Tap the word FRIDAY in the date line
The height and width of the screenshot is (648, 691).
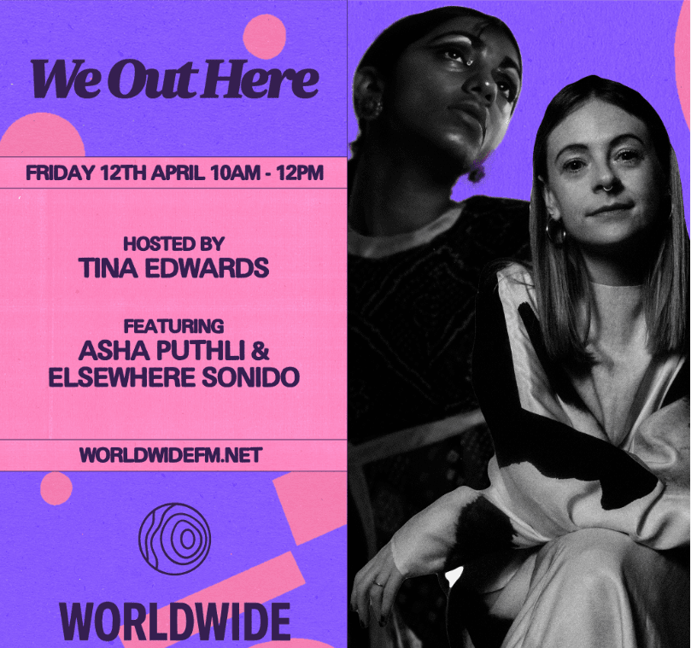59,173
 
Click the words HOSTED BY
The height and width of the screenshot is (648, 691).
173,243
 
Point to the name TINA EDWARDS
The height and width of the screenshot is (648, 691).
173,268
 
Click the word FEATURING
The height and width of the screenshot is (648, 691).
173,326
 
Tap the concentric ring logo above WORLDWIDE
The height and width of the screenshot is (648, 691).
174,539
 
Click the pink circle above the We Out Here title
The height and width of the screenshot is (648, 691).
264,36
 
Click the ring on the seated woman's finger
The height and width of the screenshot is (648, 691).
378,583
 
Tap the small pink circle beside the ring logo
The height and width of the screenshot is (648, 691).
56,488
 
